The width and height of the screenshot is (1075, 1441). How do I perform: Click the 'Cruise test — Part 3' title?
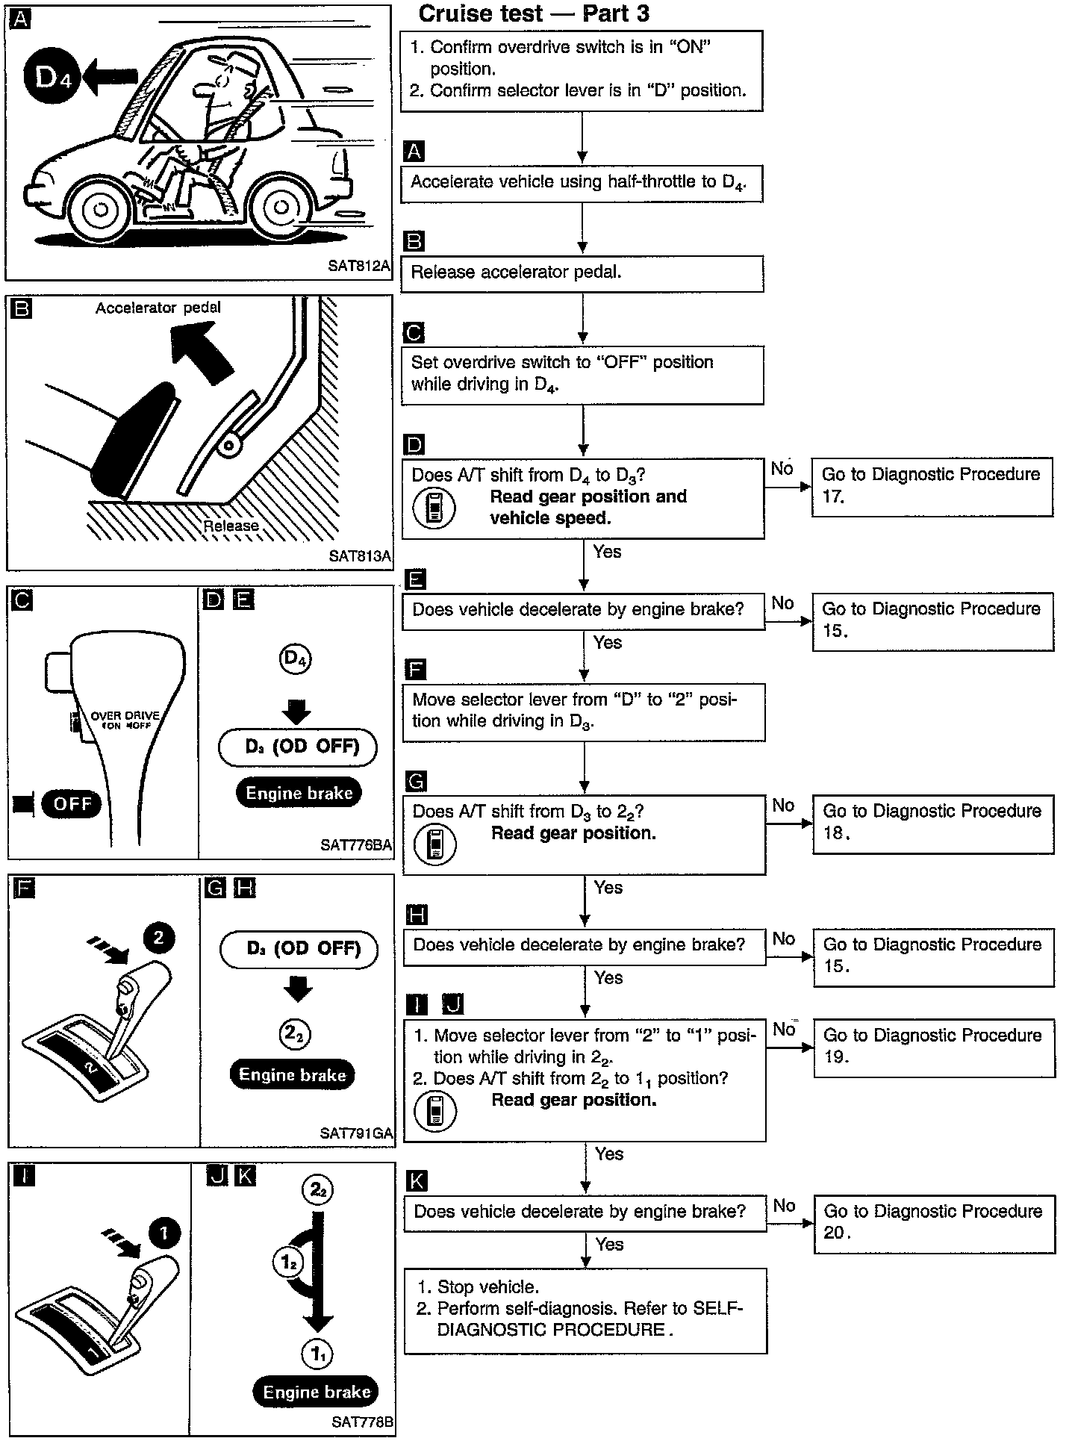(534, 13)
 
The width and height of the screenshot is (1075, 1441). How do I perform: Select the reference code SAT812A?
(359, 266)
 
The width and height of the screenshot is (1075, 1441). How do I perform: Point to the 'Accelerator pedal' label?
(158, 308)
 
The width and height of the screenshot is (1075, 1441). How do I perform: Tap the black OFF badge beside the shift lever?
(72, 803)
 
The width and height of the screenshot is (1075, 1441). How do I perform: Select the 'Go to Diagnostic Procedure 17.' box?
(932, 486)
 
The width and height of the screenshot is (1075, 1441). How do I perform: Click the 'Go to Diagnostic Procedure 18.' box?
(933, 823)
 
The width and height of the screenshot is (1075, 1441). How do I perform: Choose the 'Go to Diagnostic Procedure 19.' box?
(934, 1047)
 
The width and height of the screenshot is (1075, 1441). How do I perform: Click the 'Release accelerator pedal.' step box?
(582, 273)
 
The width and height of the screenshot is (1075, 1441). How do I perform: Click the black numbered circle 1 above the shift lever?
(164, 1233)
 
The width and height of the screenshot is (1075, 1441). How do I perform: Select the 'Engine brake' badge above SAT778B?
(317, 1392)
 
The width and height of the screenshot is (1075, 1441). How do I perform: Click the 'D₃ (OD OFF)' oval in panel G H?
(299, 949)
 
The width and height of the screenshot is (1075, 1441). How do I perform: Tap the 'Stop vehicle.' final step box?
(585, 1310)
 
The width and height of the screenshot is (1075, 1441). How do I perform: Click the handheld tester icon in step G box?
(435, 844)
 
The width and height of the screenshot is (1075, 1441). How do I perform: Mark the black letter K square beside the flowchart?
(416, 1181)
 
